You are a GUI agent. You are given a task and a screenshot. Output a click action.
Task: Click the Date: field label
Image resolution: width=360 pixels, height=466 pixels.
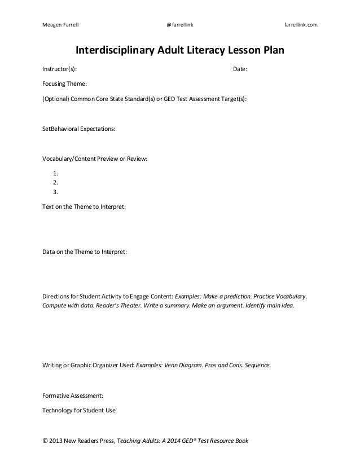[x=240, y=70]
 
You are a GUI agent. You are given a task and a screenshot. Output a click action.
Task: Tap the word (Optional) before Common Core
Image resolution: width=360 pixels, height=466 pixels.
[x=55, y=98]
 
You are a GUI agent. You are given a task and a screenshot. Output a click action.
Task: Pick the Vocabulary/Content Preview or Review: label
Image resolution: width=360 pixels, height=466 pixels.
[x=95, y=159]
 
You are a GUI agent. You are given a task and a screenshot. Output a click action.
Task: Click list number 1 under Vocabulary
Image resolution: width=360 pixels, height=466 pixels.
[x=55, y=173]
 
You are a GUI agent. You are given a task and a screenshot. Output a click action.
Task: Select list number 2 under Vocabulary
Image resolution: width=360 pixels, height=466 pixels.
[x=55, y=182]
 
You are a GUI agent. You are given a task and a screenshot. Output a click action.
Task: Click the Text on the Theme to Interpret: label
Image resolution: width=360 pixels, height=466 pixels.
[x=84, y=206]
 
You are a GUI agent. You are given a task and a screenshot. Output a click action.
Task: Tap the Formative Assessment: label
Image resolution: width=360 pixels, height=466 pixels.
[x=73, y=396]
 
